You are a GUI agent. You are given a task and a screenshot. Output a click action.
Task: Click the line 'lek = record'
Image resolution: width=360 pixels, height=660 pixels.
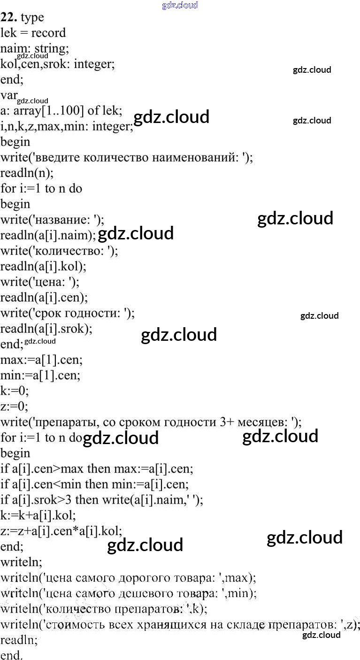[x=33, y=33]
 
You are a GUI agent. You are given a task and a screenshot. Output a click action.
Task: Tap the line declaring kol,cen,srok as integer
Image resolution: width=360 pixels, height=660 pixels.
[x=57, y=64]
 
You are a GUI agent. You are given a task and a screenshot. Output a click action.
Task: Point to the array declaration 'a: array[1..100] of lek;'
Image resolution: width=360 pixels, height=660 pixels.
[x=61, y=111]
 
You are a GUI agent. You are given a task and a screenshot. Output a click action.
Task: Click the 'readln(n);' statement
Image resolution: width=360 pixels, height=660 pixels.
[x=27, y=173]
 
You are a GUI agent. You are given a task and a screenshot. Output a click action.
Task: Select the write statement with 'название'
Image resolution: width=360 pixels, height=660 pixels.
[x=52, y=219]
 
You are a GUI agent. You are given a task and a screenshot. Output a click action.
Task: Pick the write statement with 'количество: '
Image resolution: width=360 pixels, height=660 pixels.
[x=59, y=251]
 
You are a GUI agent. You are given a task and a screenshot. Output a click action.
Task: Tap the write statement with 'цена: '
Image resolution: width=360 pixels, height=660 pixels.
[x=40, y=282]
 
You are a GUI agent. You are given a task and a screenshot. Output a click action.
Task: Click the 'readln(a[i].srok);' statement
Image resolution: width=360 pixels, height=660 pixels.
[x=46, y=329]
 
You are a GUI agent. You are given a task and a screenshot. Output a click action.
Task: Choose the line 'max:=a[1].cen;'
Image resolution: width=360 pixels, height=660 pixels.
[x=41, y=360]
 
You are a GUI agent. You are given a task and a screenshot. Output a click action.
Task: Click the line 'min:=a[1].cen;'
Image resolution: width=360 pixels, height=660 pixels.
[x=40, y=376]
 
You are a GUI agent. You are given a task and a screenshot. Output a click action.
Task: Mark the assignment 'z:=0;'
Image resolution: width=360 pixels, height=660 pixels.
[x=14, y=407]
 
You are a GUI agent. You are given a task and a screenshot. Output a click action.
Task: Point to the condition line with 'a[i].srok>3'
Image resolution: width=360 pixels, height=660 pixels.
[x=102, y=500]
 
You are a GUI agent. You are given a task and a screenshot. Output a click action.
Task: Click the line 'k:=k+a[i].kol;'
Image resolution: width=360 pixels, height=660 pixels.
[x=38, y=515]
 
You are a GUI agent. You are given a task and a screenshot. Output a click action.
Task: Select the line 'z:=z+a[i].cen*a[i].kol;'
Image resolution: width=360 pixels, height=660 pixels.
[x=61, y=531]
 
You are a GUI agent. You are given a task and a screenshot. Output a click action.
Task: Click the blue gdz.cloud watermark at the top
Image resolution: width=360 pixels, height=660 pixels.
[x=180, y=5]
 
